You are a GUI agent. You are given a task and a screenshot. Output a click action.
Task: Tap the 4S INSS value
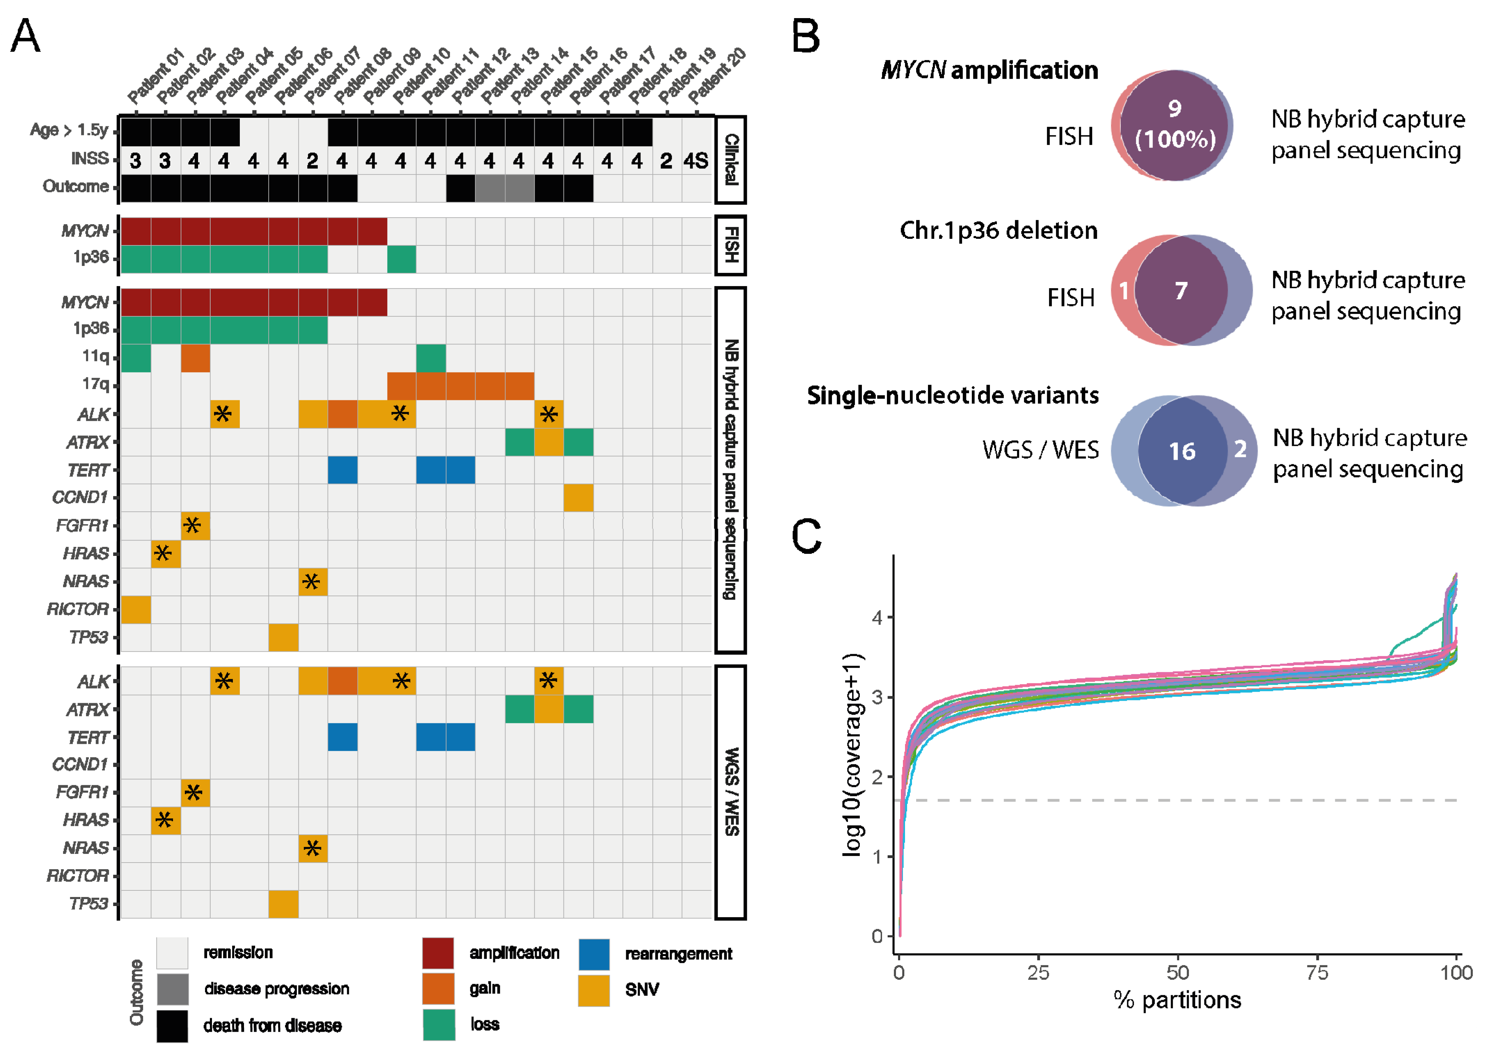click(x=696, y=160)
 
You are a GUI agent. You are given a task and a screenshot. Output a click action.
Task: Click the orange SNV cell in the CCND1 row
click(x=578, y=498)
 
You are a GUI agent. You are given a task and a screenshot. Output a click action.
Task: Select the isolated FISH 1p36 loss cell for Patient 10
click(x=401, y=259)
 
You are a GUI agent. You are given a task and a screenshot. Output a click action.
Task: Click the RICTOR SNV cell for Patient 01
click(x=135, y=609)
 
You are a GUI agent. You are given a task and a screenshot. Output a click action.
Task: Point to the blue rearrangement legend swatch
click(x=594, y=954)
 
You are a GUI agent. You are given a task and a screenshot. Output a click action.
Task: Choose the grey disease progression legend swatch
click(x=172, y=989)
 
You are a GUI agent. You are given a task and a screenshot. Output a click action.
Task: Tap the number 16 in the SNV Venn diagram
click(x=1182, y=451)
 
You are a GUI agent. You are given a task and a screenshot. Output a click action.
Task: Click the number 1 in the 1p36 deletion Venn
click(x=1123, y=290)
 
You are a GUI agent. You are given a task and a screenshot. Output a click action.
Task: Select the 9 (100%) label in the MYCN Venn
click(x=1175, y=124)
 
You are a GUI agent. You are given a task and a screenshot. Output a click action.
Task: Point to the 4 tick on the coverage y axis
click(x=877, y=617)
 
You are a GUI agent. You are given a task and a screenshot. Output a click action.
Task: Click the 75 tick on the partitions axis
click(x=1317, y=973)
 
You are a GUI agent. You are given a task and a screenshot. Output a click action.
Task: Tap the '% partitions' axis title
click(x=1177, y=1000)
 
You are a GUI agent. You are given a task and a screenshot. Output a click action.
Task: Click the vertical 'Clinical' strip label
click(x=731, y=160)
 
